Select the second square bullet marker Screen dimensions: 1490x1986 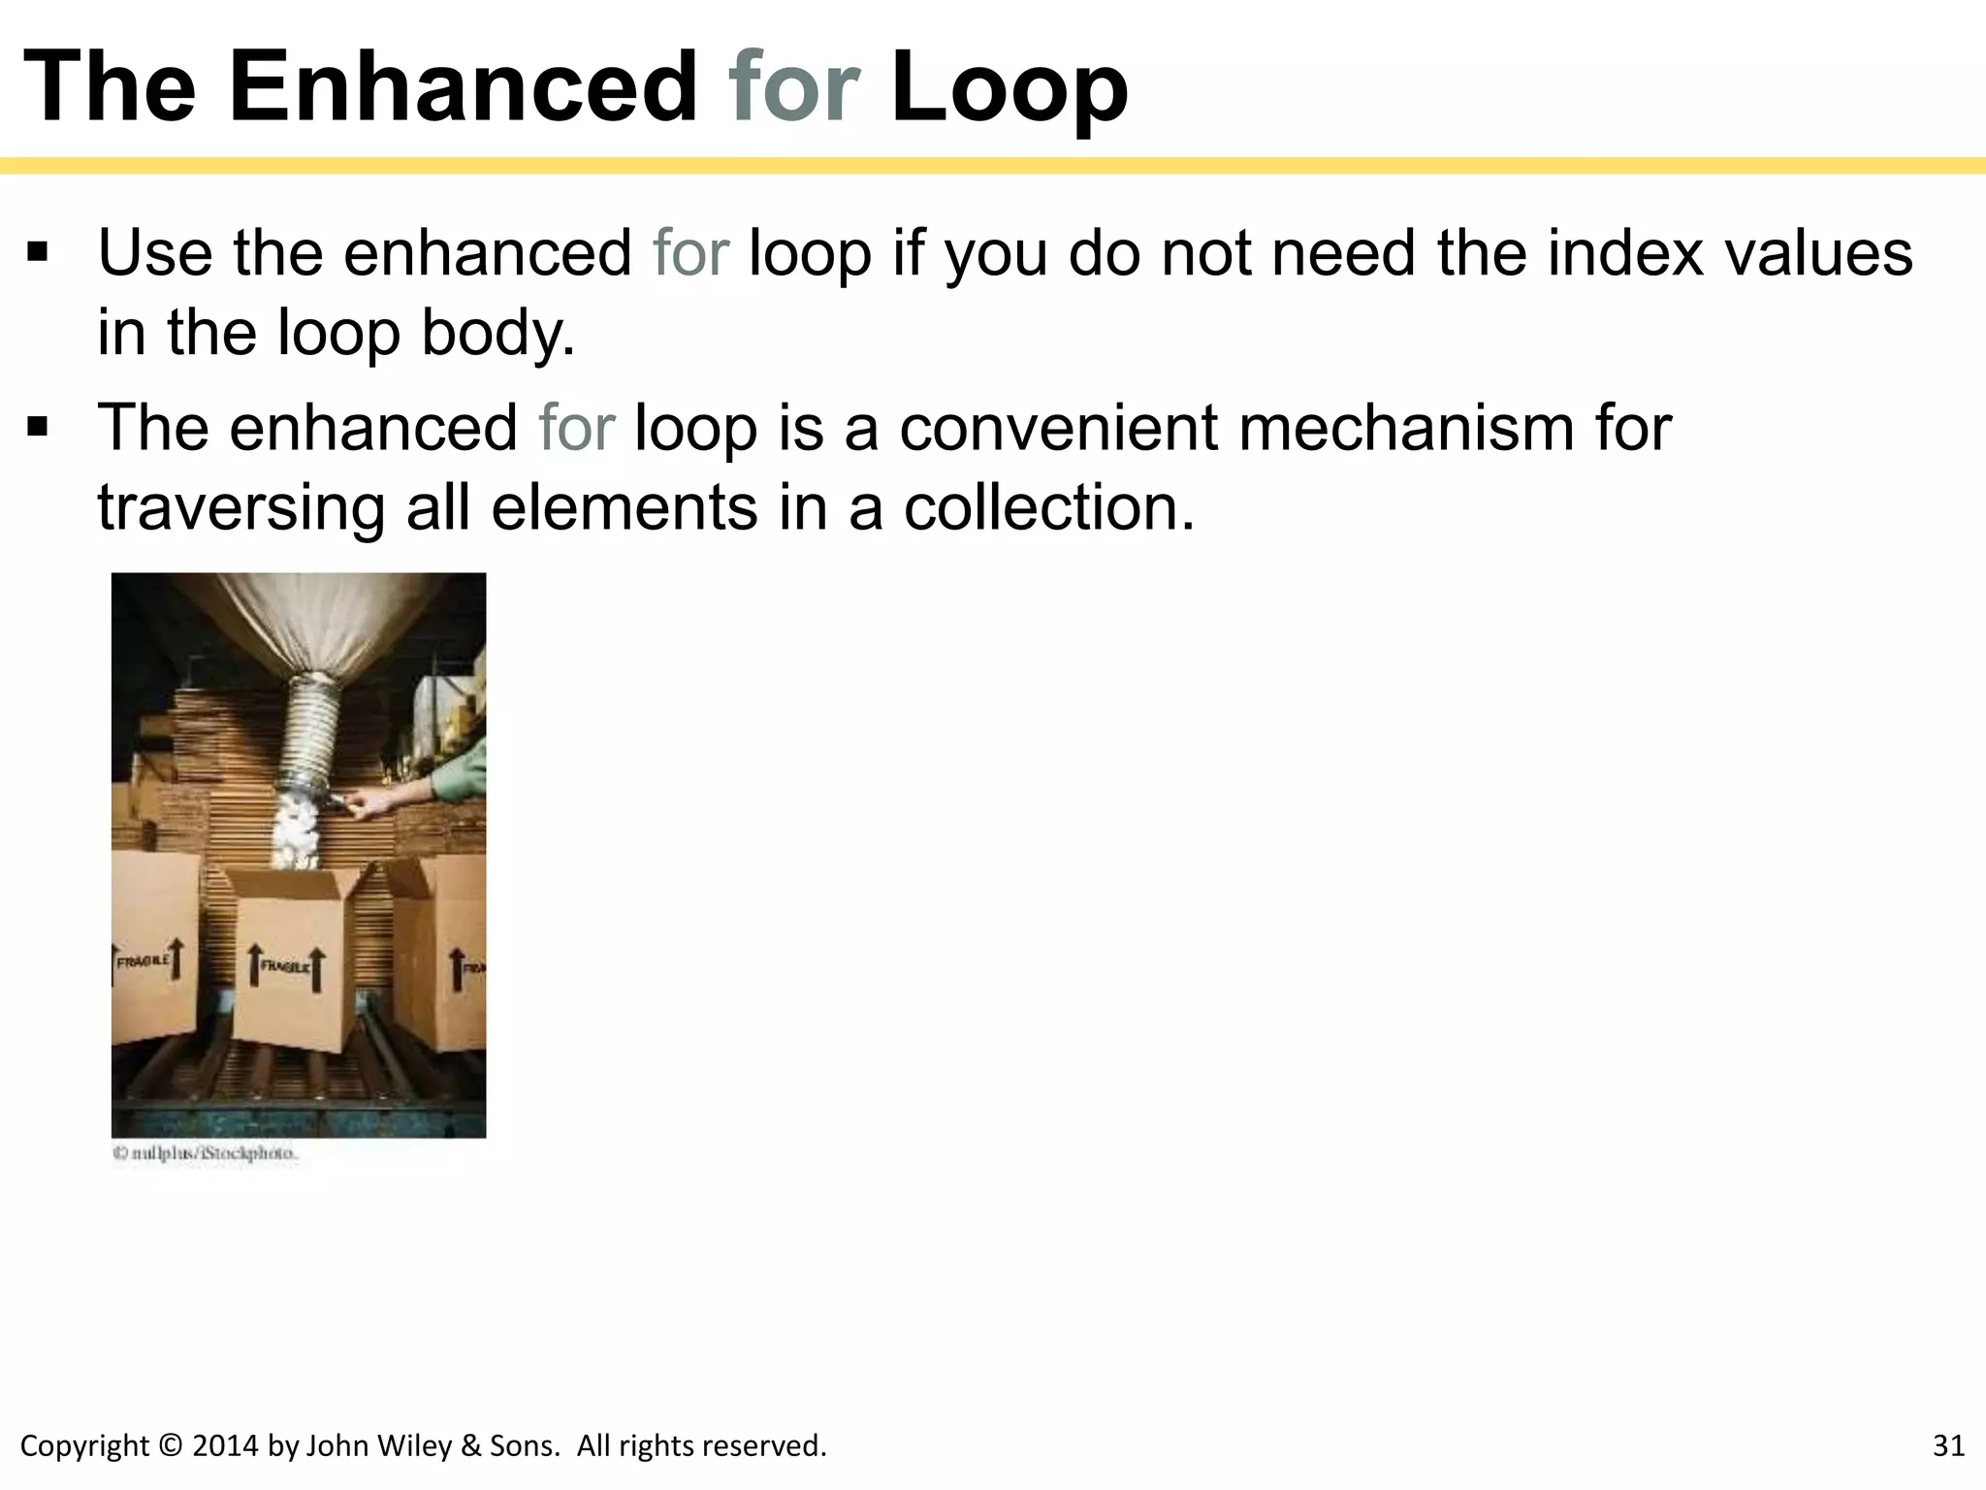point(38,427)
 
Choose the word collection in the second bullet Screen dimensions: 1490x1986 point(1047,507)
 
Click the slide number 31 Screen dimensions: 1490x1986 point(1948,1446)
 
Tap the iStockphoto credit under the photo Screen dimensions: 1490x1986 point(206,1154)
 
